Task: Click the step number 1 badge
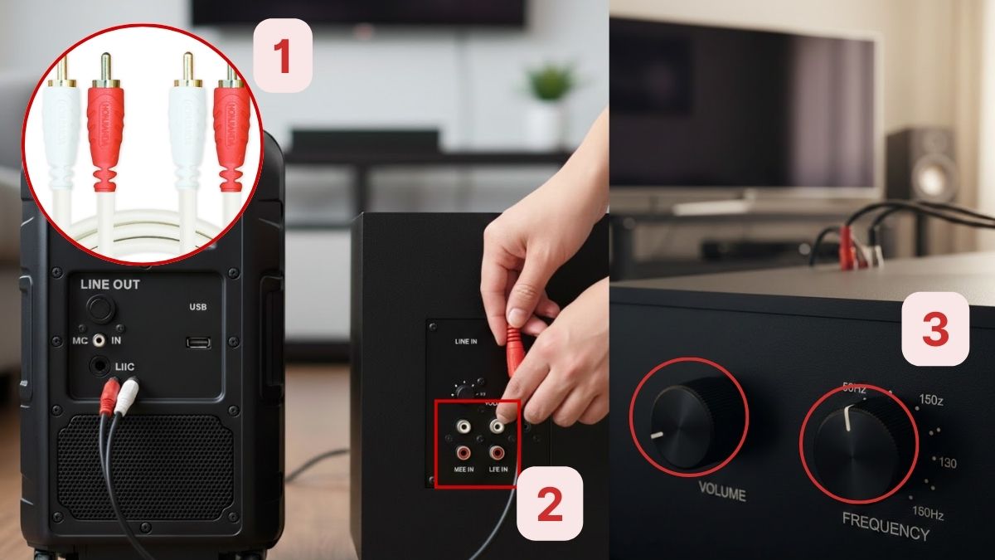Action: click(282, 56)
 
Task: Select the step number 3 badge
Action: click(935, 329)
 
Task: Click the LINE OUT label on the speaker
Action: click(110, 285)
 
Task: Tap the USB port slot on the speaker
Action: click(198, 342)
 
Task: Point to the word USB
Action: click(197, 307)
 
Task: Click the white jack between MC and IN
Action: click(99, 340)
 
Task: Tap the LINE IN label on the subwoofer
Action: click(467, 341)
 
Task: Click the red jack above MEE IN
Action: click(463, 453)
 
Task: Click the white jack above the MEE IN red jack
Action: click(463, 427)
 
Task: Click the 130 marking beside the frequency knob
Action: click(947, 463)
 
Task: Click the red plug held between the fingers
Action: click(514, 348)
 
